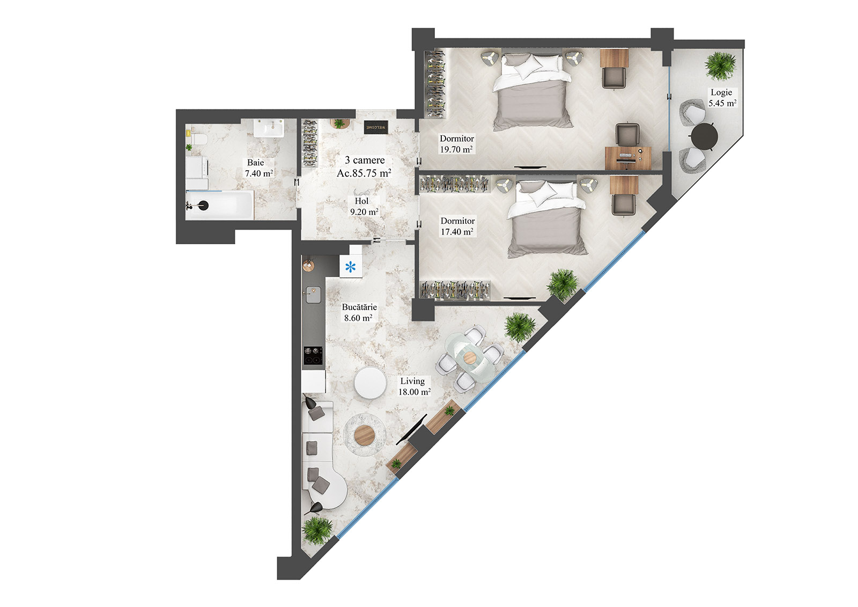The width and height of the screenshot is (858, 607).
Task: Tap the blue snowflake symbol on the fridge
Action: click(x=350, y=267)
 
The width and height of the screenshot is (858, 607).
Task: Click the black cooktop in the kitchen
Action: click(x=314, y=355)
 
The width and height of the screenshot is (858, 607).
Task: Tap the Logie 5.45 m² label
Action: click(x=722, y=98)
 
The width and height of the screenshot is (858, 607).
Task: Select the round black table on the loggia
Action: click(x=704, y=136)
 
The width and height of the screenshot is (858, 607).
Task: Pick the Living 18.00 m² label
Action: click(x=413, y=386)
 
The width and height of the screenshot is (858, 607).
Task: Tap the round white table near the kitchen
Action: click(x=370, y=383)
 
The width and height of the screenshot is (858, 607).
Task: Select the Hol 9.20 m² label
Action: click(x=364, y=207)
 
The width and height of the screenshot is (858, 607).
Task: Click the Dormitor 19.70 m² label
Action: click(x=456, y=144)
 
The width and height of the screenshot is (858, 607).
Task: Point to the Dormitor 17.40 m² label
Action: click(x=457, y=226)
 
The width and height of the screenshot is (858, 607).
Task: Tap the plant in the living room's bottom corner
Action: click(x=317, y=530)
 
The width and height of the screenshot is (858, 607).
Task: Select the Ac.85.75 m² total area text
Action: click(x=364, y=173)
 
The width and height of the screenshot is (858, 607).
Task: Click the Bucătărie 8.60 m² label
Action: click(x=359, y=312)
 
